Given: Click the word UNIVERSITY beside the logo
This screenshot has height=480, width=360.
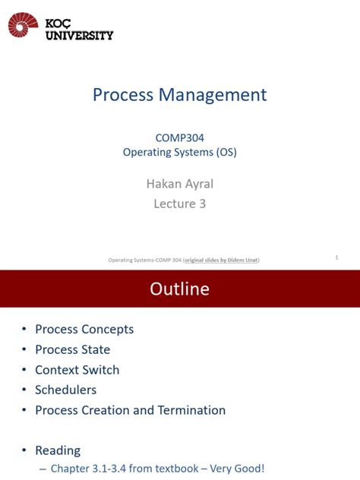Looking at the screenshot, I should coord(80,35).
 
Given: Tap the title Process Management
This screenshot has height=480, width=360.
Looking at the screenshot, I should coord(180,95).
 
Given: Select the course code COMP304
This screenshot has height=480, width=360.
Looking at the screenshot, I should coord(179,137).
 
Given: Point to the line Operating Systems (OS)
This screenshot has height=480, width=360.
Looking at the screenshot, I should coord(180,152).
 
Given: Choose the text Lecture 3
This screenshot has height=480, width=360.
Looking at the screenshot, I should coord(180,203).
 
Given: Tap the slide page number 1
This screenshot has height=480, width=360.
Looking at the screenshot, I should coord(336,257).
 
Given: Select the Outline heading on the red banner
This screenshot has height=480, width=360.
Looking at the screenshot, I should coord(180,289).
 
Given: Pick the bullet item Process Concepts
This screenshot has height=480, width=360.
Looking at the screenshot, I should coord(84,330).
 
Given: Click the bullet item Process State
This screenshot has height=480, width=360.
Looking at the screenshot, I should coord(72,349).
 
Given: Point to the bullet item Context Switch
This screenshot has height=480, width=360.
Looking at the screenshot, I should coord(77,370).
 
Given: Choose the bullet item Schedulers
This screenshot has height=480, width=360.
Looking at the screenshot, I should coord(65,390).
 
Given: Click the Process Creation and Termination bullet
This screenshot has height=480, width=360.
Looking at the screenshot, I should coord(130,410).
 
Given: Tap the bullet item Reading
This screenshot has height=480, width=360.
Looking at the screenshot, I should coord(58,450).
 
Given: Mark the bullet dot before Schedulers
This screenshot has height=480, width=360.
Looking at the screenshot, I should coord(24,390).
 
